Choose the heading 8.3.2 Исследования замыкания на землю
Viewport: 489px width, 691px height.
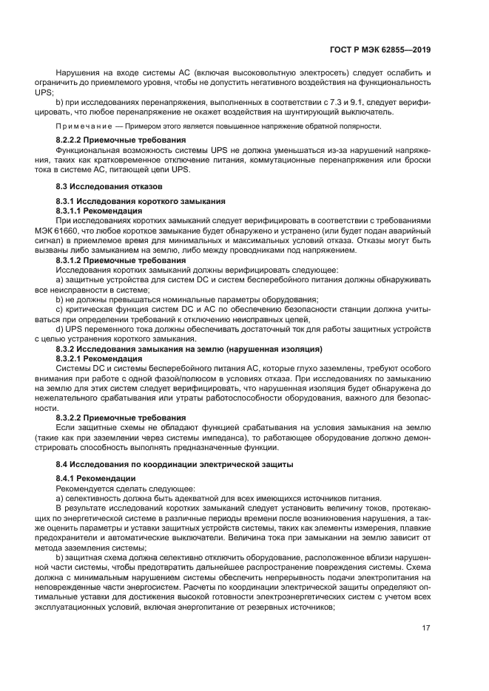point(189,348)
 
